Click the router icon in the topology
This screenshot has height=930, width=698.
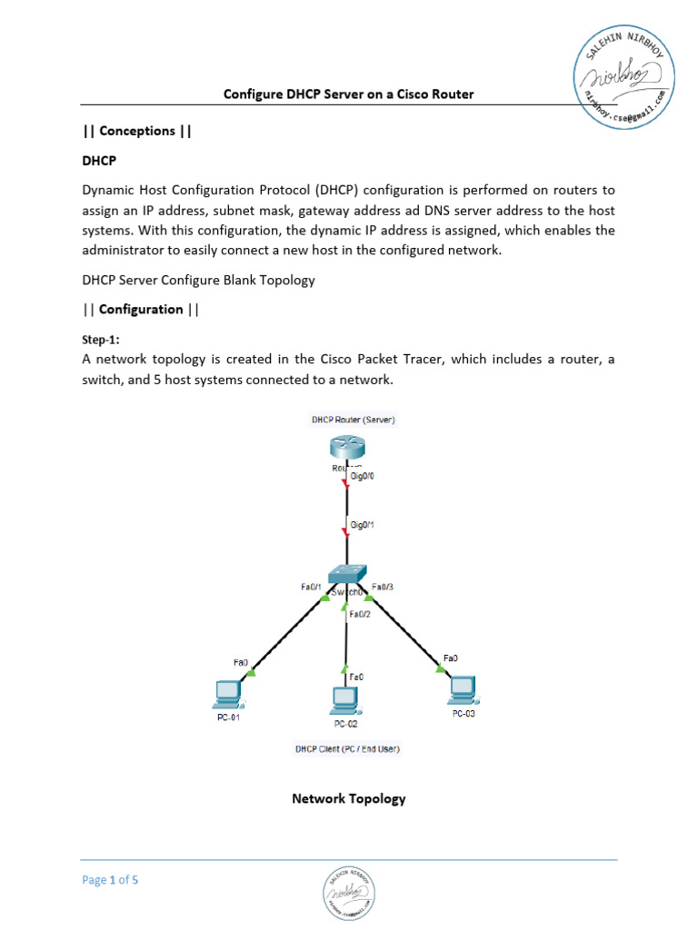[x=346, y=448]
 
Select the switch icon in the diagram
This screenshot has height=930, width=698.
[x=346, y=574]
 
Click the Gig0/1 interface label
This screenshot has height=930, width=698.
[x=364, y=525]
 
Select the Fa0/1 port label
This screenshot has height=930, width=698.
[x=312, y=587]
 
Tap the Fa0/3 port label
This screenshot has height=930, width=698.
[x=383, y=587]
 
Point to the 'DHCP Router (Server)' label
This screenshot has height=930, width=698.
[x=353, y=420]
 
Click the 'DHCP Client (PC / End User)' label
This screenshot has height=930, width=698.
[x=347, y=749]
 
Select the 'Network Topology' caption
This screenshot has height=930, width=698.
[x=348, y=799]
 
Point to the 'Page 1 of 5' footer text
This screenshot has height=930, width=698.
[x=110, y=880]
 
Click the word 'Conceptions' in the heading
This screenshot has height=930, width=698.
[x=136, y=131]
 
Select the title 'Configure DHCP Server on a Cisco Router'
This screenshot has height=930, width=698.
[x=349, y=94]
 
